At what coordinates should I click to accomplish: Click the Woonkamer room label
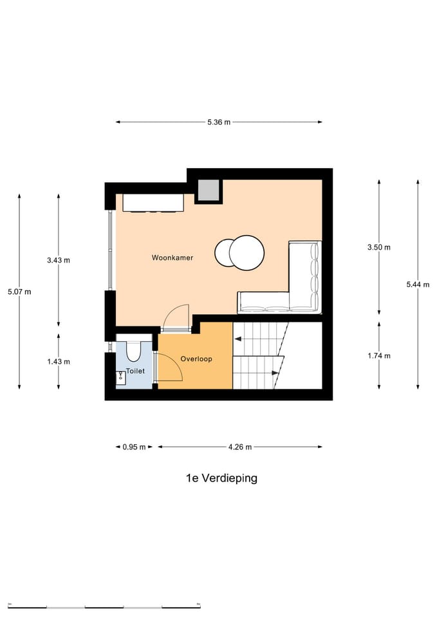(172, 257)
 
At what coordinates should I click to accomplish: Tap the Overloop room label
(196, 359)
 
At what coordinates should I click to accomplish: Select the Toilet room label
(135, 371)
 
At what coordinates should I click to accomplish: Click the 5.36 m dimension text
(219, 122)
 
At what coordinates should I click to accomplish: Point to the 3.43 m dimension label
(59, 260)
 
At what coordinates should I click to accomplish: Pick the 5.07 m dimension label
(19, 292)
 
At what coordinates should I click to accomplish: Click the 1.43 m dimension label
(59, 361)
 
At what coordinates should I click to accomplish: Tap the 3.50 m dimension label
(378, 247)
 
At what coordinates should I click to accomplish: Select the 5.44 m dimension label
(418, 284)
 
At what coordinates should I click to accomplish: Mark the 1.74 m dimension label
(378, 355)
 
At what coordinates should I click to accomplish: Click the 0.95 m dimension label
(135, 447)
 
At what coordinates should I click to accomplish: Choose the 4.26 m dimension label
(239, 447)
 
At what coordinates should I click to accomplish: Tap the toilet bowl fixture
(134, 350)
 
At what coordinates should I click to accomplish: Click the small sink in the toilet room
(120, 377)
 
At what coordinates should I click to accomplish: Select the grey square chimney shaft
(209, 191)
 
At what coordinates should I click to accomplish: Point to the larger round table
(247, 252)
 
